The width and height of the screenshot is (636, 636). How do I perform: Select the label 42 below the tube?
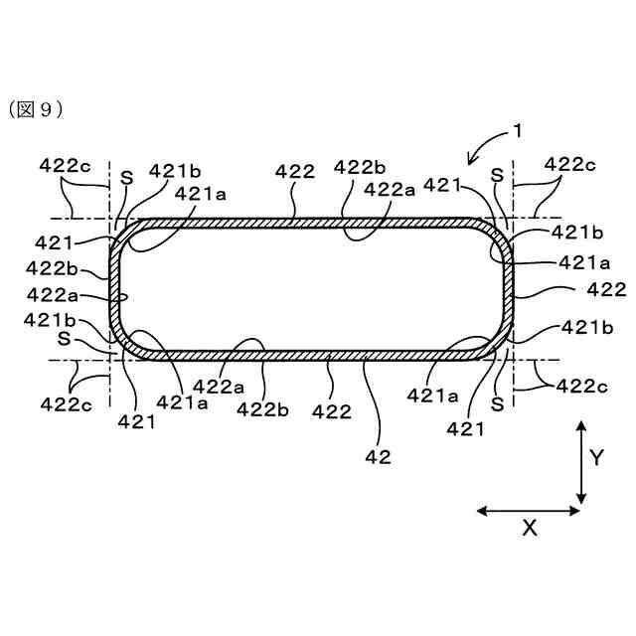pyautogui.click(x=379, y=457)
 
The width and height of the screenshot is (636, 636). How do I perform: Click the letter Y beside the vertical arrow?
pyautogui.click(x=596, y=457)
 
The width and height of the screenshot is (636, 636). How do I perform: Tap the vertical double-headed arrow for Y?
pyautogui.click(x=581, y=462)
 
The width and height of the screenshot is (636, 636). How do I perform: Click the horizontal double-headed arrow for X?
pyautogui.click(x=529, y=511)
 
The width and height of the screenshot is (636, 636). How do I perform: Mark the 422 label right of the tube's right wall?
pyautogui.click(x=606, y=289)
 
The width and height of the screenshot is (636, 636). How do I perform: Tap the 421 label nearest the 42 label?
pyautogui.click(x=465, y=429)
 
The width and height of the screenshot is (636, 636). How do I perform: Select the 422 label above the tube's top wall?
pyautogui.click(x=295, y=172)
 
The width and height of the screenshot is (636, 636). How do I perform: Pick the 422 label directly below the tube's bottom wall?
pyautogui.click(x=331, y=409)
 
